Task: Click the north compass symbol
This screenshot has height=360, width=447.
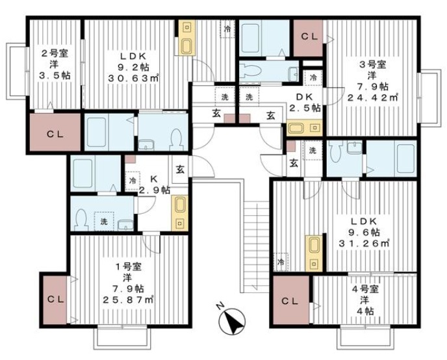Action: tap(232, 322)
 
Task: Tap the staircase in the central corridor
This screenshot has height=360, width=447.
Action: tap(256, 247)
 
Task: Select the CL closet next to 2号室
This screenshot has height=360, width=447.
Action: tap(55, 133)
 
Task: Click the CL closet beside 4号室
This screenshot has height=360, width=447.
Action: tap(291, 300)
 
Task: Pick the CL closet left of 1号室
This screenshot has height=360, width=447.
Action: tap(55, 300)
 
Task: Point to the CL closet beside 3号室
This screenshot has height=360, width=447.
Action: tap(308, 38)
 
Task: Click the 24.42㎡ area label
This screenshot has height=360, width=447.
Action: tap(372, 97)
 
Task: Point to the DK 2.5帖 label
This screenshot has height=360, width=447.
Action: tap(305, 102)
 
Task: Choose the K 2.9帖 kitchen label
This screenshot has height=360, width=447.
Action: tap(154, 185)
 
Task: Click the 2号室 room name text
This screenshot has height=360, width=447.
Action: tap(55, 53)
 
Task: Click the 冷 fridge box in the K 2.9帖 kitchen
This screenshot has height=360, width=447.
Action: tap(133, 181)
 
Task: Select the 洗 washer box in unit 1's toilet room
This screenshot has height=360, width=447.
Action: tap(104, 221)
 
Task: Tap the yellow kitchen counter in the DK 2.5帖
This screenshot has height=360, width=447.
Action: tap(304, 128)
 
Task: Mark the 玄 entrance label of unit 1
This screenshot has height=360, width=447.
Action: tap(180, 170)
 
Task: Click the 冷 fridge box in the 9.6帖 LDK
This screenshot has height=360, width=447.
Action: tap(281, 262)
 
